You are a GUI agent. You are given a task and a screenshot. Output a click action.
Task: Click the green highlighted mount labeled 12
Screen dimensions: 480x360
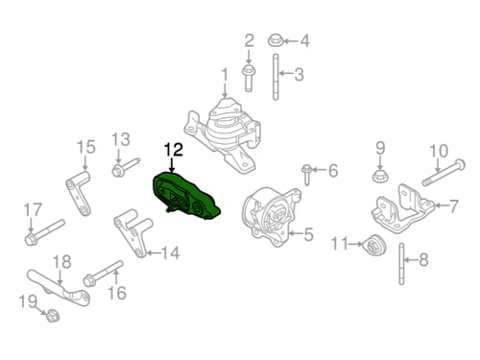tap(185, 197)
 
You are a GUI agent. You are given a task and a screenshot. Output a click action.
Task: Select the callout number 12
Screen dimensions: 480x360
tap(174, 150)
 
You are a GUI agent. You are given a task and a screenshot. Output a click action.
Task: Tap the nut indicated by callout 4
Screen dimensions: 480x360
tap(276, 40)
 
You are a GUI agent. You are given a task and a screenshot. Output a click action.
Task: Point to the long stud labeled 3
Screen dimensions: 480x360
tap(276, 77)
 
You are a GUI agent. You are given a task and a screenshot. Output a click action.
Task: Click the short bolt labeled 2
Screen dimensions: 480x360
tap(249, 78)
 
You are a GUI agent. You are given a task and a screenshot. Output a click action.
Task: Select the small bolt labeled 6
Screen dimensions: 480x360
tap(306, 174)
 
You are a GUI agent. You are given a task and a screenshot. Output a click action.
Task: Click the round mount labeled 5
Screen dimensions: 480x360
tap(272, 216)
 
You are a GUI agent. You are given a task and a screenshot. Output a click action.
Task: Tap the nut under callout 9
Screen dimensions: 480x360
tap(380, 176)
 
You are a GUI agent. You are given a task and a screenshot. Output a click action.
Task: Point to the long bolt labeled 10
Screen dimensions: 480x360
tap(444, 173)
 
